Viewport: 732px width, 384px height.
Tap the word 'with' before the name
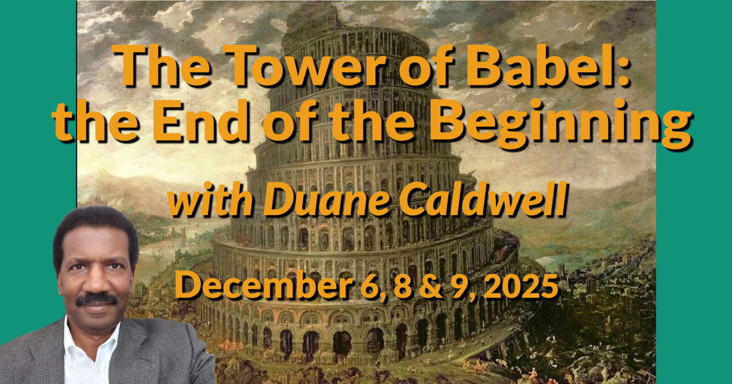click(x=209, y=201)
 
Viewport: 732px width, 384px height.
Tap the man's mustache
click(x=96, y=299)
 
